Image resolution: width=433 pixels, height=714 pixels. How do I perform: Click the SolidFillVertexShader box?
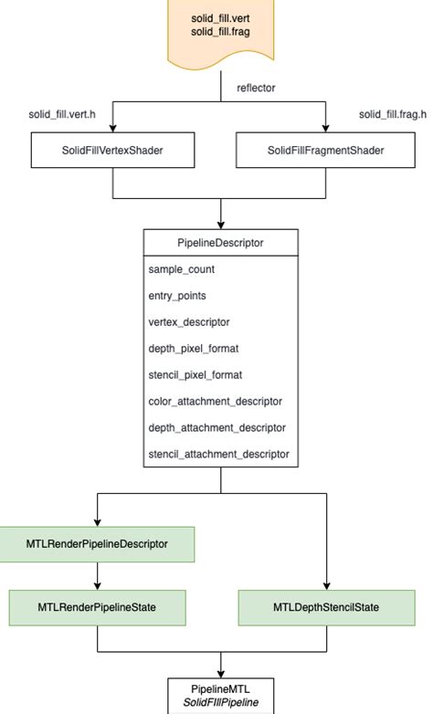[x=112, y=150]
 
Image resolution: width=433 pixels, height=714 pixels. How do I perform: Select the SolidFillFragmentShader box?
[x=327, y=150]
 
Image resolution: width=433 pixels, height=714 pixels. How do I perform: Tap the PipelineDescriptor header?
[x=220, y=244]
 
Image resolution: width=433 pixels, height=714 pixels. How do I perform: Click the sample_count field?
[x=181, y=270]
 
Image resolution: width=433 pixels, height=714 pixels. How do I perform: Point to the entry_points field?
[x=177, y=297]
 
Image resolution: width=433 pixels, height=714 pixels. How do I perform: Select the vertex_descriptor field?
[x=189, y=322]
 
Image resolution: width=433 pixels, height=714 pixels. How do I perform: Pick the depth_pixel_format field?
[x=194, y=349]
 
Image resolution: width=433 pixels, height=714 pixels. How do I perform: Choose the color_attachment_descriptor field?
[x=215, y=401]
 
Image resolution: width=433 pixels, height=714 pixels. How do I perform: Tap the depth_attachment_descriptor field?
[x=216, y=427]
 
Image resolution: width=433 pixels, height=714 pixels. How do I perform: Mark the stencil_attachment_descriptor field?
[x=218, y=453]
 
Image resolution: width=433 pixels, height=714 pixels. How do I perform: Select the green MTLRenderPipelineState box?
[x=98, y=607]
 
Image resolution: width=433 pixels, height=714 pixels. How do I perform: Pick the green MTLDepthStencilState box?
[x=327, y=607]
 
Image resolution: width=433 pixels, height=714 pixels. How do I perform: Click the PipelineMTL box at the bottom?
[x=220, y=693]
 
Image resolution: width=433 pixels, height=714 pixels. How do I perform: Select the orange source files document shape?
[x=220, y=34]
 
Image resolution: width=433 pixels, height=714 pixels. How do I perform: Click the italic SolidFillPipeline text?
[x=220, y=701]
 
